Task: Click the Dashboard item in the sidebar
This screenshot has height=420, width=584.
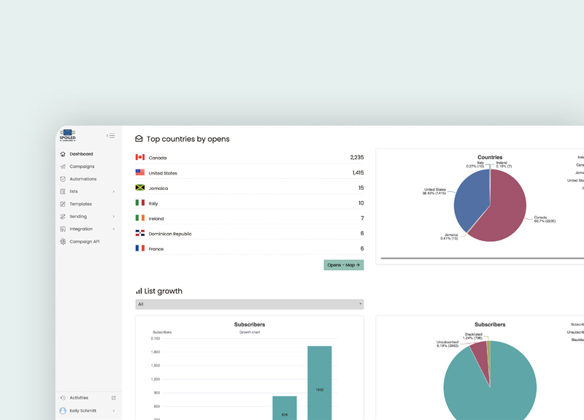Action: [x=81, y=154]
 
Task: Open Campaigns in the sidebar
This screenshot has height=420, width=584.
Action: [x=82, y=167]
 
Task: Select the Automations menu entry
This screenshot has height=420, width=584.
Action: [x=82, y=179]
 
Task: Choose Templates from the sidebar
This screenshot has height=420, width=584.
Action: [x=80, y=204]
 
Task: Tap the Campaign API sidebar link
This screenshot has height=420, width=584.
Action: [x=84, y=241]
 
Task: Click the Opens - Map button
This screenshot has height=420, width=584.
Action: [x=343, y=265]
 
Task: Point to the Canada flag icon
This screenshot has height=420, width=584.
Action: [x=140, y=157]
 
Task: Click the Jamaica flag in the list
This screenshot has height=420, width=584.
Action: [x=140, y=188]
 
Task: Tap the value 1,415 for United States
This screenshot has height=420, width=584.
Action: [x=357, y=173]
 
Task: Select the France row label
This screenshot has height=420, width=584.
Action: [x=156, y=249]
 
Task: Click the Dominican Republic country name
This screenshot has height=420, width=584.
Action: [x=170, y=234]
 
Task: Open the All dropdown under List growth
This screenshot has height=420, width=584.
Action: [x=249, y=304]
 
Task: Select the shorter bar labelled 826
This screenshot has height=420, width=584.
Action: [x=285, y=408]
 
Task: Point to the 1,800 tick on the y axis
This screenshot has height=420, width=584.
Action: [x=155, y=352]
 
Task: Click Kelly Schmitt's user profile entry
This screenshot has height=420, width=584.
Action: [x=83, y=411]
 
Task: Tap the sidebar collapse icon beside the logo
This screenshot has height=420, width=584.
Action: [x=110, y=136]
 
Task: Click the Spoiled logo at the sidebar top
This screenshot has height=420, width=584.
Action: [x=68, y=135]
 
